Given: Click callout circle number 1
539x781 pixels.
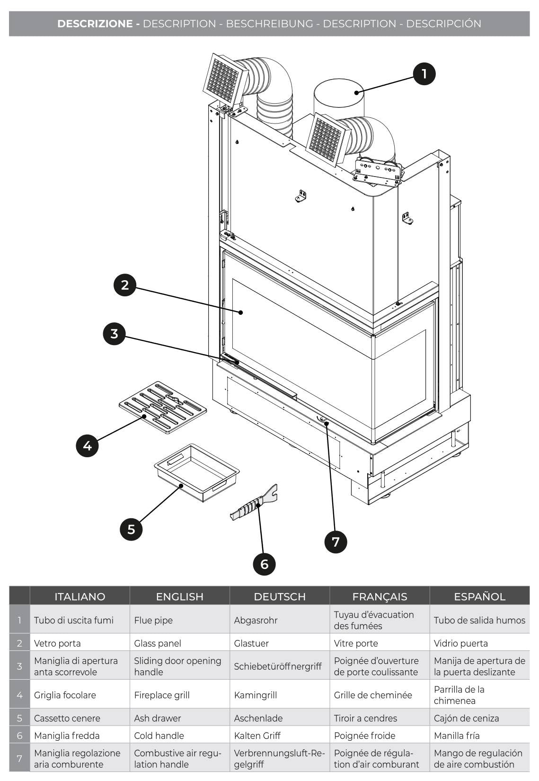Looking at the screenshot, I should (x=424, y=74).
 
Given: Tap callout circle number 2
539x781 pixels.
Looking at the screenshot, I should (x=125, y=285).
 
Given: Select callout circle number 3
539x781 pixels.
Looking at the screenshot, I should (x=114, y=334).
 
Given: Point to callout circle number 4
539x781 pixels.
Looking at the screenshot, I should (x=87, y=445).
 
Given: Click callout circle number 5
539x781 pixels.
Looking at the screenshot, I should (x=131, y=529).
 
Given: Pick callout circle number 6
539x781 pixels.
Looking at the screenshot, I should (x=264, y=564).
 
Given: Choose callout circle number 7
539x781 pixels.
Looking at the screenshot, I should (x=336, y=541).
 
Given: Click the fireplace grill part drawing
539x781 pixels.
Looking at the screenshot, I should (x=163, y=408).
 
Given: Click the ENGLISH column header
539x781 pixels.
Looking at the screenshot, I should (x=179, y=596).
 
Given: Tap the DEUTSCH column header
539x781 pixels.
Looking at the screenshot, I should (x=280, y=596).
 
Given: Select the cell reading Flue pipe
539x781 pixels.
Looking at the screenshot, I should (x=153, y=620).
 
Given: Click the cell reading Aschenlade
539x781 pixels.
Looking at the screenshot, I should (x=258, y=718).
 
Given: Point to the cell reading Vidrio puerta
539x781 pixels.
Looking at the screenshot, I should (x=460, y=643).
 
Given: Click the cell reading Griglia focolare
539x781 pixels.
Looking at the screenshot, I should (x=65, y=695).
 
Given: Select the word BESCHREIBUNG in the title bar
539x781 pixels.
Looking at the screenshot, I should (x=269, y=24).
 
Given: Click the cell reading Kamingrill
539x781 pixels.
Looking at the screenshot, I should (x=256, y=695).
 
